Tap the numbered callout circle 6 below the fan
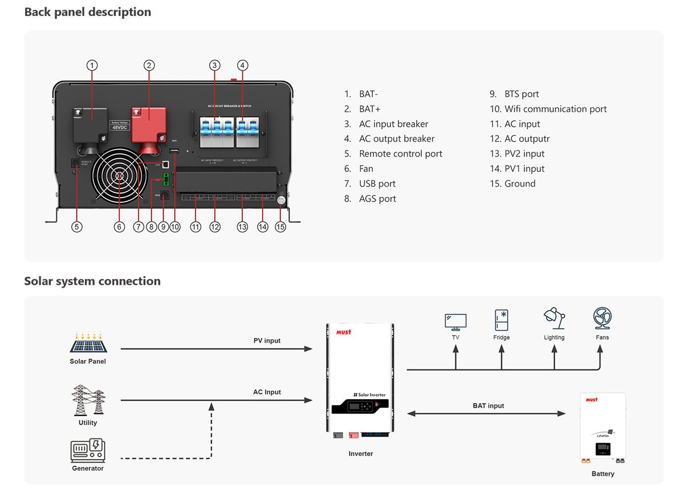[x=119, y=227]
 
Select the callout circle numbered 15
[x=280, y=227]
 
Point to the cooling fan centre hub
[x=120, y=177]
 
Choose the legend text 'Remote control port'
[x=400, y=154]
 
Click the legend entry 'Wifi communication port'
[x=555, y=109]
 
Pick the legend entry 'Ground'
[x=519, y=184]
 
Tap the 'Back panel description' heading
[x=88, y=12]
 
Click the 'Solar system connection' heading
[x=92, y=281]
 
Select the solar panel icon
[x=88, y=342]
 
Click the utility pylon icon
[x=88, y=400]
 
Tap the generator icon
[x=88, y=450]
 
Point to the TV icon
[x=455, y=321]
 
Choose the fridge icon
[x=502, y=320]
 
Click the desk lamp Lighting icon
[x=554, y=319]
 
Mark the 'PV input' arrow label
[x=267, y=341]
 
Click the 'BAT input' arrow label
[x=488, y=406]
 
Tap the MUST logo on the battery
[x=592, y=400]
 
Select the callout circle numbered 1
[x=92, y=65]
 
